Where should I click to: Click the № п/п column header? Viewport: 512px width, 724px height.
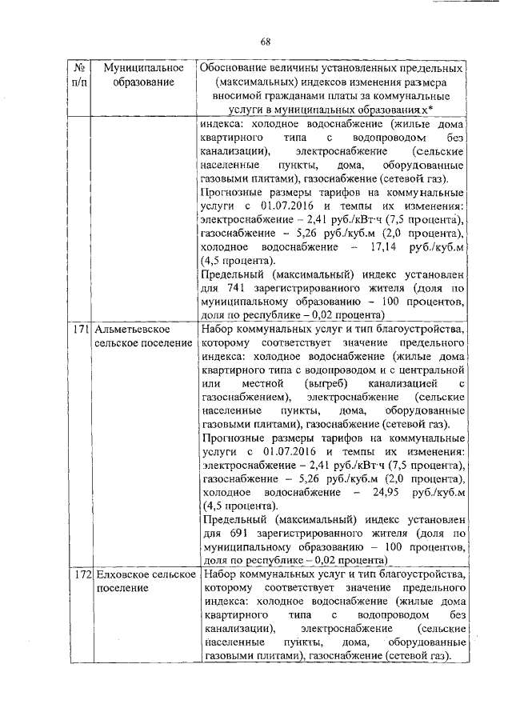click(78, 75)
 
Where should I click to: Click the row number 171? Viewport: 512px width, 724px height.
click(78, 330)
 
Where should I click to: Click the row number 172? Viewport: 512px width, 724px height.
click(78, 575)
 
